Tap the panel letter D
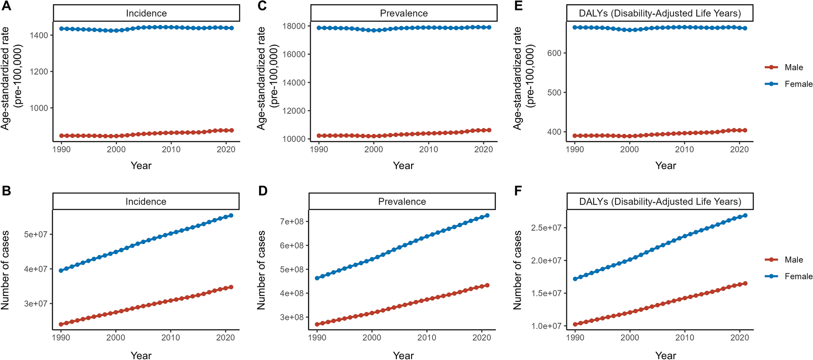(263, 191)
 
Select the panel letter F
(518, 191)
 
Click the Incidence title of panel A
(146, 13)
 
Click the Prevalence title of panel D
(402, 202)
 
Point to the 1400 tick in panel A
(39, 35)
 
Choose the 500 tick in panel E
(554, 93)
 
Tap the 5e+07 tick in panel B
(35, 234)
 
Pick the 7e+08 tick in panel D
(291, 221)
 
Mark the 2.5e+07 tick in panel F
(546, 228)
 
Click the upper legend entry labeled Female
(798, 84)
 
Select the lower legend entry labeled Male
(794, 260)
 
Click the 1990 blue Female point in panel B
(61, 270)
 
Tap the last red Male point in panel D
(487, 285)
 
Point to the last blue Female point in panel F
(745, 215)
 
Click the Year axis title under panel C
(403, 166)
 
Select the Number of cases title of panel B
(5, 270)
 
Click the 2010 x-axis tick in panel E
(684, 149)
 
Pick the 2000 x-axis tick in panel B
(116, 338)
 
